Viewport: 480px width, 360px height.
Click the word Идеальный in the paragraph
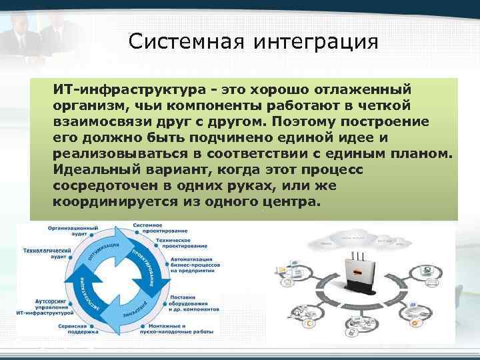89,171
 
